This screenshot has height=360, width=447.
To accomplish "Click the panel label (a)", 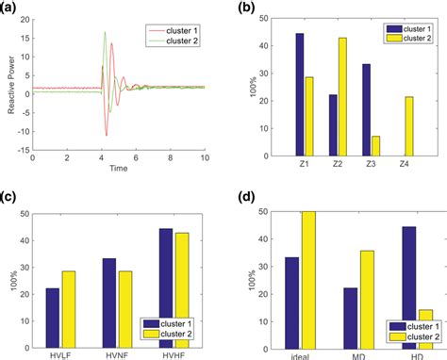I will coord(8,8).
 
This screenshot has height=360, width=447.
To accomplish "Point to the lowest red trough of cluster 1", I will coord(107,135).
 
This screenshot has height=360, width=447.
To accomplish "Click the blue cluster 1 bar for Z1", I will coord(299,93).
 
